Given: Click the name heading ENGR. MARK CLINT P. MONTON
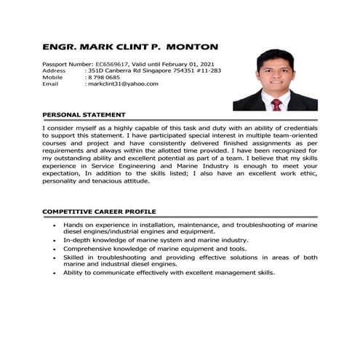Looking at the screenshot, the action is click(x=130, y=47).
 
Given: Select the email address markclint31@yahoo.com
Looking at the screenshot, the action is click(x=123, y=84).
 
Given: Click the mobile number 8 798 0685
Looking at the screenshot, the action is click(x=104, y=77).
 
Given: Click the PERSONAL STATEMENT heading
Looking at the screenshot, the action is click(x=84, y=115).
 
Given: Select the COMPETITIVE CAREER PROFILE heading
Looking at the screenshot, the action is click(x=99, y=211).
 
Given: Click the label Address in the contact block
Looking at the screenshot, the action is click(x=54, y=71).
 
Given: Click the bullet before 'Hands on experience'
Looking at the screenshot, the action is click(x=55, y=225).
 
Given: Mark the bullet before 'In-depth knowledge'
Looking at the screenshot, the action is click(x=55, y=240).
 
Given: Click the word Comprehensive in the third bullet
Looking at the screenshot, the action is click(x=88, y=248).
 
